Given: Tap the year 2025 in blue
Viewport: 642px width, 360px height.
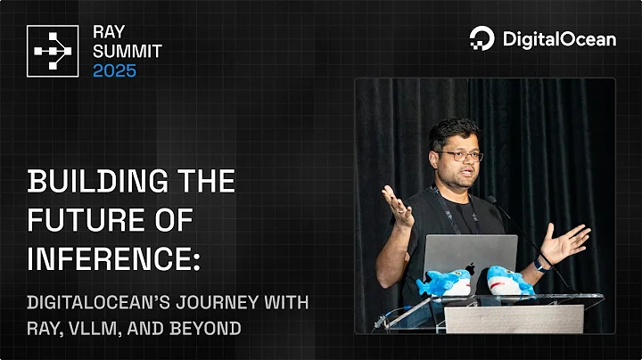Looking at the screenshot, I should point(115,70).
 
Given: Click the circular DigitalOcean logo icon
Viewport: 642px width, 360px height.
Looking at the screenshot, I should point(481,38).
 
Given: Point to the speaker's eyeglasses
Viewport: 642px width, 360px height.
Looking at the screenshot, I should point(462,156).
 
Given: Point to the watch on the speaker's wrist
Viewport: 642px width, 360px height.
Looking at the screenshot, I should point(541,264).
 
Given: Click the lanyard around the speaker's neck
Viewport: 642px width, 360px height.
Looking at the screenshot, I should point(440,206).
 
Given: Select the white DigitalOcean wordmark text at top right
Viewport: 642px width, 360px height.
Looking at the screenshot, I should point(558,38).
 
